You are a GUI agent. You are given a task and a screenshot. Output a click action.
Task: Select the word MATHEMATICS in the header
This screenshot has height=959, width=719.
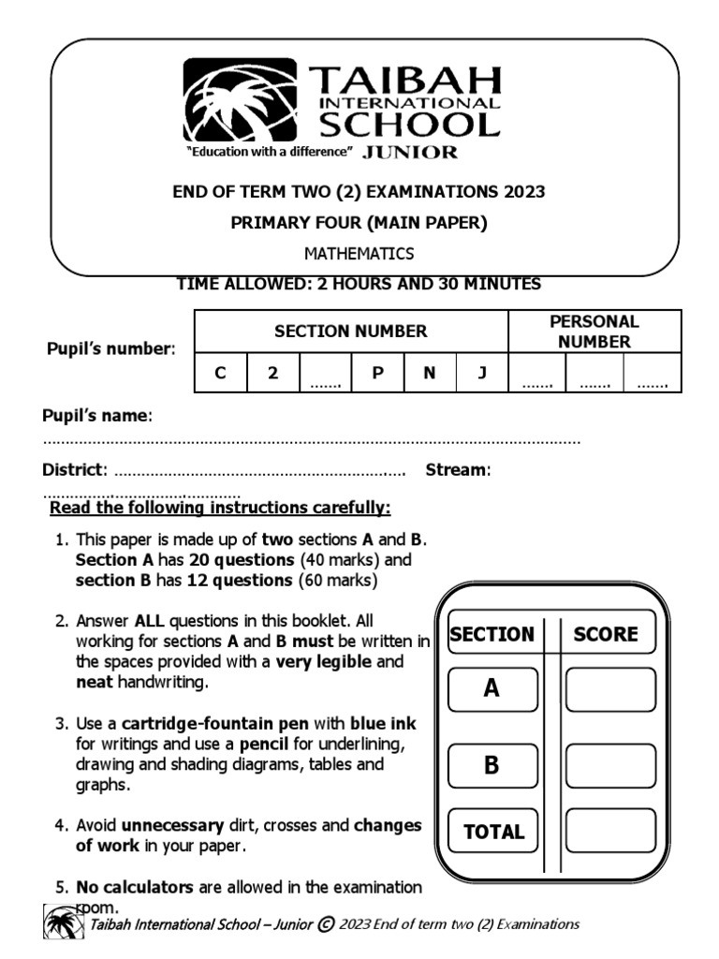click(359, 254)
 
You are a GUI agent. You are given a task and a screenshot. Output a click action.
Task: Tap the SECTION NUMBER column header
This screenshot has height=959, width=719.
click(350, 331)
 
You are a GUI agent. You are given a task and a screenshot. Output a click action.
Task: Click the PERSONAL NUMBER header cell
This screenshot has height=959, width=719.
click(594, 332)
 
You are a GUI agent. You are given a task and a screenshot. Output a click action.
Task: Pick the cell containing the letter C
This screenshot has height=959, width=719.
click(220, 373)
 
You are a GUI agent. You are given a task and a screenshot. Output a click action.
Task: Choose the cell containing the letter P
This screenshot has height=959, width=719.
click(378, 373)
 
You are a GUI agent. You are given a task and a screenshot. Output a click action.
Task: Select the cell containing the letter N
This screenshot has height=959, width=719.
click(430, 373)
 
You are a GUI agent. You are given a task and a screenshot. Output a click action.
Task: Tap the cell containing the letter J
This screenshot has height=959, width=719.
click(482, 373)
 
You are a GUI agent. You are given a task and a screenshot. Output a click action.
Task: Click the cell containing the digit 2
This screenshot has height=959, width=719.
click(272, 373)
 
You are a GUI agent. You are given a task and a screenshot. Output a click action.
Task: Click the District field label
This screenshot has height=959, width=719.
click(75, 469)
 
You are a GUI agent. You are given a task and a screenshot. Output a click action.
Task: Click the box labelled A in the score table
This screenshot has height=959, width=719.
click(492, 689)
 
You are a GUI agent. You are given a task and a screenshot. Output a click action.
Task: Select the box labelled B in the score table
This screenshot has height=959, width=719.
click(492, 765)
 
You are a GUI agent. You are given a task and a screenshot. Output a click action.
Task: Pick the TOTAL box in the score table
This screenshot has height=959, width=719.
click(493, 831)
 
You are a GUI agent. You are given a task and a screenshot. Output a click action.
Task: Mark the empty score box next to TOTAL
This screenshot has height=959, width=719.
click(610, 831)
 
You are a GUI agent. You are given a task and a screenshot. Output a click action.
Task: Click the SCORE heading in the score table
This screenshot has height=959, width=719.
click(606, 634)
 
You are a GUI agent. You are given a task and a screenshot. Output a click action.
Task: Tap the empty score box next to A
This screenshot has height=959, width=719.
click(610, 689)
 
